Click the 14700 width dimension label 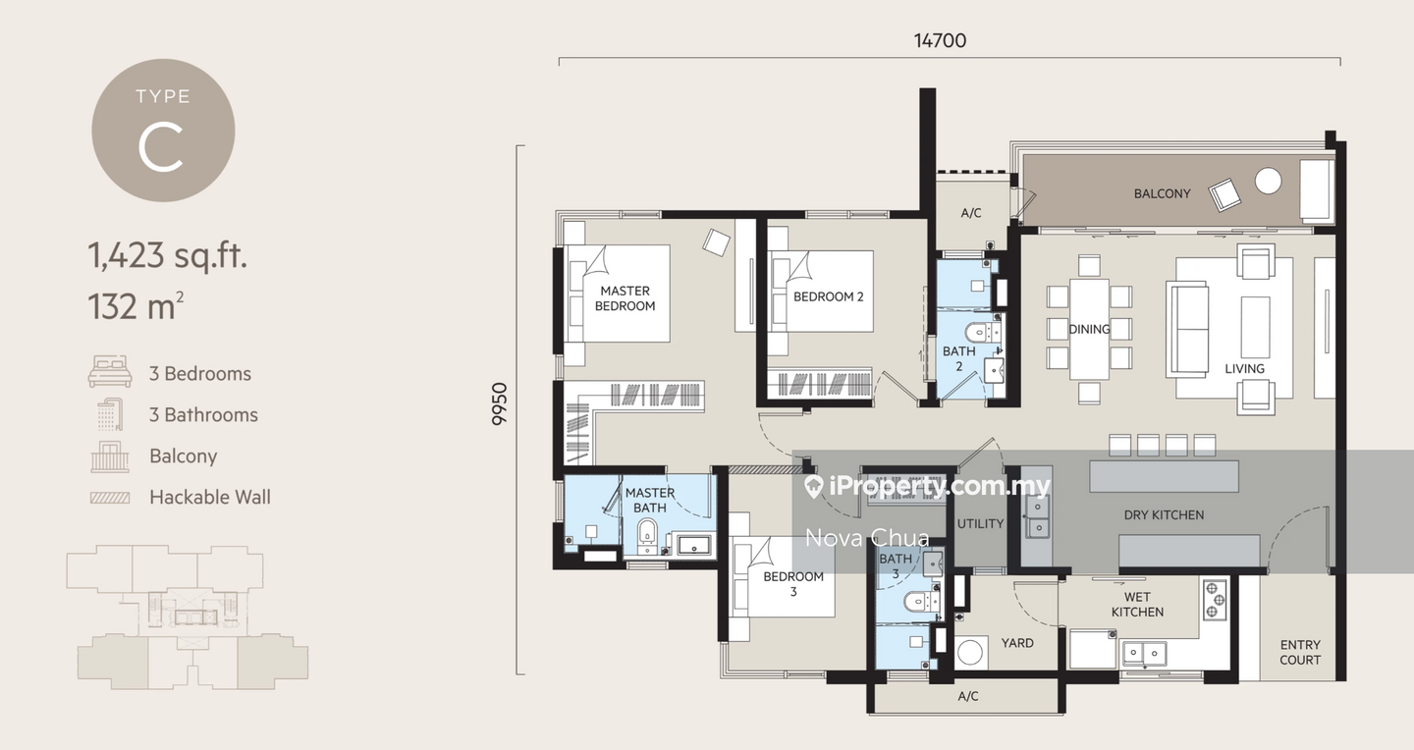coord(940,40)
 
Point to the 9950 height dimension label coord(500,403)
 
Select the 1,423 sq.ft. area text coord(167,256)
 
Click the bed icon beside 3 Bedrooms coord(109,373)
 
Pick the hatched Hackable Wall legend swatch coord(109,498)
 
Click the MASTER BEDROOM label coord(625,298)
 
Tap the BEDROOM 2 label coord(828,296)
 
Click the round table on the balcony coord(1268,180)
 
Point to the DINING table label coord(1089,329)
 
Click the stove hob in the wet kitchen coord(1215,599)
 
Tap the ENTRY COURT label coord(1300,653)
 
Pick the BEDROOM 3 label coord(793,584)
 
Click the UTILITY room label coord(980,523)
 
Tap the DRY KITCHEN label coord(1164,514)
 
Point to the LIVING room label coord(1244,368)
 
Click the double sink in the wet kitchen coord(1145,651)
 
